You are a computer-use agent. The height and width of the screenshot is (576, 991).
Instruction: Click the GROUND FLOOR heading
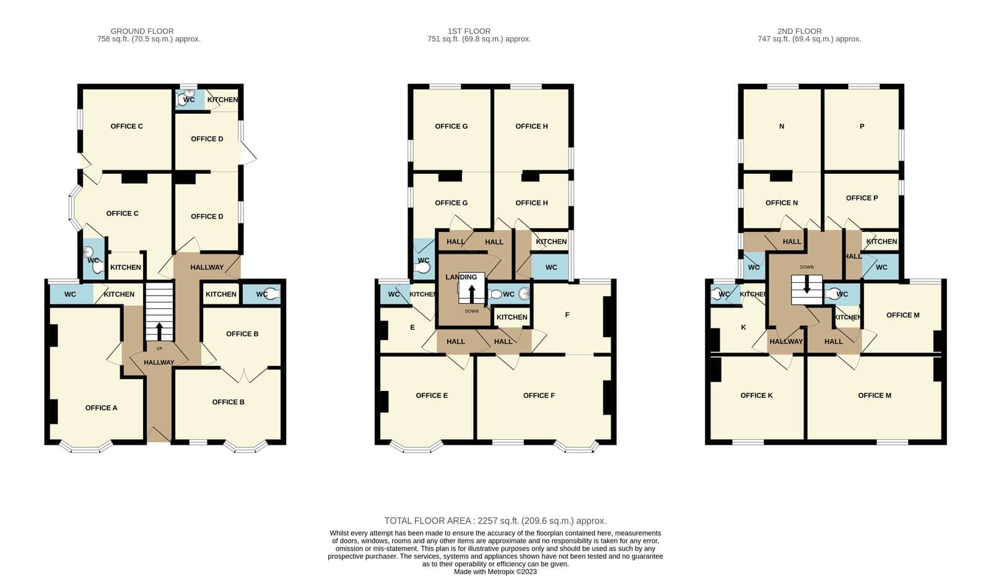pyautogui.click(x=142, y=31)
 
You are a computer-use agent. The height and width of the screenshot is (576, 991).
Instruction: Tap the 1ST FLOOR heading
pyautogui.click(x=469, y=31)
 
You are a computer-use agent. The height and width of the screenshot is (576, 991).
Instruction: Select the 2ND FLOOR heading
pyautogui.click(x=800, y=31)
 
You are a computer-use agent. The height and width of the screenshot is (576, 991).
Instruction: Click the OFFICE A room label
pyautogui.click(x=102, y=408)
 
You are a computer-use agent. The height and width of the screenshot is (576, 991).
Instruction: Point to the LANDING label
pyautogui.click(x=461, y=277)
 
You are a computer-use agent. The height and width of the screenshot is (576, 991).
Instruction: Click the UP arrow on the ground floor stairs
pyautogui.click(x=159, y=332)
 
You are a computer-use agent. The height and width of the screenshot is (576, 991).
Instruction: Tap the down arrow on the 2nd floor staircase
pyautogui.click(x=806, y=285)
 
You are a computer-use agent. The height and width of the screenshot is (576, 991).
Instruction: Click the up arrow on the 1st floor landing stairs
pyautogui.click(x=471, y=294)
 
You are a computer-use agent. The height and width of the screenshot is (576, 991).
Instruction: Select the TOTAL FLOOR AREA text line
pyautogui.click(x=495, y=521)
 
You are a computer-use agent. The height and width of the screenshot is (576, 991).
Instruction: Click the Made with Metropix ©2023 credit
pyautogui.click(x=495, y=572)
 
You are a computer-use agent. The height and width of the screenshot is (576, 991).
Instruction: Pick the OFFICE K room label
pyautogui.click(x=756, y=395)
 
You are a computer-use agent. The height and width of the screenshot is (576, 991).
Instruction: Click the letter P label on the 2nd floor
pyautogui.click(x=862, y=126)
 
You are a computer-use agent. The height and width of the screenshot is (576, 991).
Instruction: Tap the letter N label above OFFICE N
pyautogui.click(x=782, y=126)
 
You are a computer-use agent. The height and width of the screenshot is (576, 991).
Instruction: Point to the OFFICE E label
pyautogui.click(x=432, y=395)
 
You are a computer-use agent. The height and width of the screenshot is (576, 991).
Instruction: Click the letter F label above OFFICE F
pyautogui.click(x=567, y=315)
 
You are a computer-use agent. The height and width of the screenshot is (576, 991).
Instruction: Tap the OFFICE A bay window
pyautogui.click(x=85, y=447)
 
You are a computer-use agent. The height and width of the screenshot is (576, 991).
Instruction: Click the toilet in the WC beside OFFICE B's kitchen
pyautogui.click(x=272, y=294)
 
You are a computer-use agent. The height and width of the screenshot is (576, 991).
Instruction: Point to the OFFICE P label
pyautogui.click(x=862, y=197)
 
